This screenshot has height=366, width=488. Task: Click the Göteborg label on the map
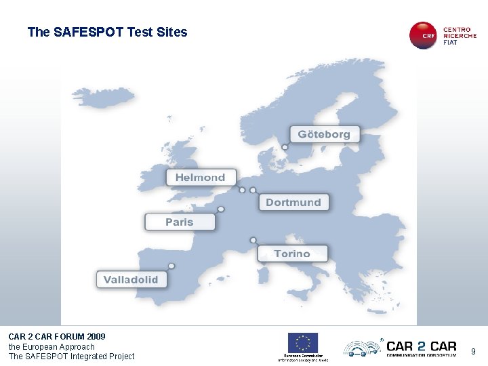[x=324, y=134]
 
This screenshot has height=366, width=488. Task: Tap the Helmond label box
[x=201, y=178]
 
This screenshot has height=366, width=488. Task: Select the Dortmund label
[x=293, y=202]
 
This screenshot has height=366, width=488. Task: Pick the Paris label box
[x=180, y=222]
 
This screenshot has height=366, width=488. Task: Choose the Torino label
[x=292, y=253]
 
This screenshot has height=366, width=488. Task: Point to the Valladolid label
[x=131, y=279]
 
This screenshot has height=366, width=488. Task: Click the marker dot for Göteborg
[x=285, y=146]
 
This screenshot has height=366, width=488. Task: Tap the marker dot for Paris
[x=221, y=209]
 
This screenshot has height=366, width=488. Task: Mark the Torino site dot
[x=253, y=240]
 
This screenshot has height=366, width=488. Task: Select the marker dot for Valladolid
[x=171, y=266]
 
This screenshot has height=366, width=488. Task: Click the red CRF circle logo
[x=424, y=35]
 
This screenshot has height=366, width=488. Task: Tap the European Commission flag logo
[x=302, y=342]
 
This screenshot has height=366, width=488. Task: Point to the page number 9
[x=474, y=351]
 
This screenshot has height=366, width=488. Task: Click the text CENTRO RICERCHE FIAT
[x=460, y=36]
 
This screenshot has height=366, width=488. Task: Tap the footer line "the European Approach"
[x=52, y=346]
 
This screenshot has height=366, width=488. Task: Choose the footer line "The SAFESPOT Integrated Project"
[x=71, y=357]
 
